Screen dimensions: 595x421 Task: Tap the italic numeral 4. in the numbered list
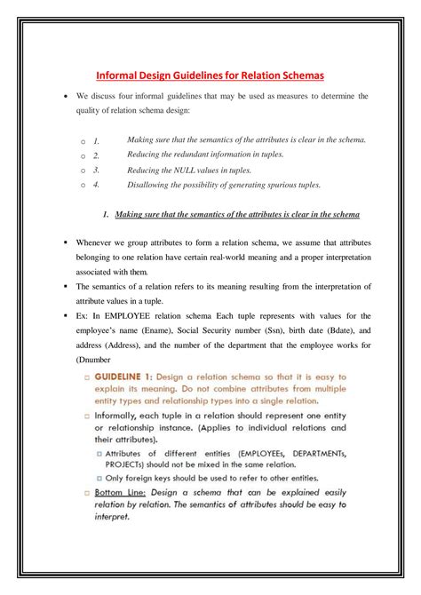point(96,185)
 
